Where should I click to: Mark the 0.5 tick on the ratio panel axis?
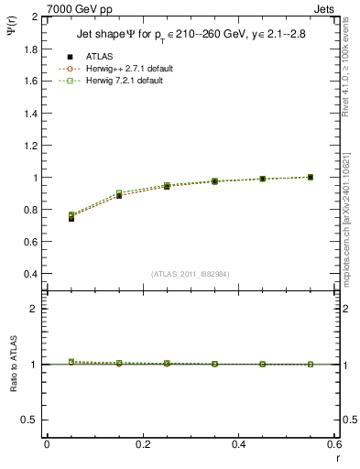click(x=31, y=420)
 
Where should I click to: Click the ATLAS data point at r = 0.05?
click(x=71, y=218)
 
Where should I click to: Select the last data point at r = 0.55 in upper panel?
click(x=311, y=177)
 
